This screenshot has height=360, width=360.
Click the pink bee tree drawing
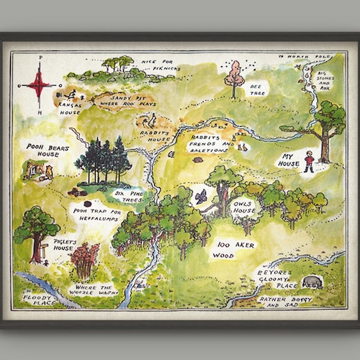234,75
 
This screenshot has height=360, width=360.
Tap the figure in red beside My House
308,161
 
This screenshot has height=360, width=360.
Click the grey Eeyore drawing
312,282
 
